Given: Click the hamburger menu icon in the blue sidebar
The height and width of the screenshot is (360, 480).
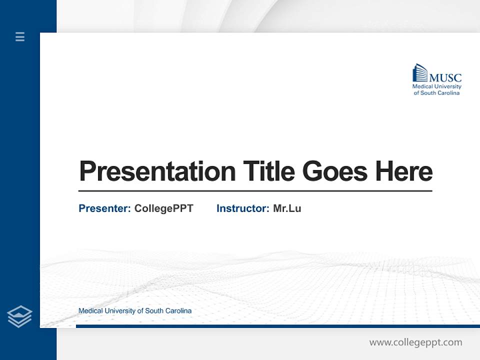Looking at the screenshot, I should pyautogui.click(x=20, y=36).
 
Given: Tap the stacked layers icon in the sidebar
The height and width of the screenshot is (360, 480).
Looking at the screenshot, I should pyautogui.click(x=19, y=316).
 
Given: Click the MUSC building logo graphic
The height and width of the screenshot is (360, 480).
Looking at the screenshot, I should pyautogui.click(x=420, y=73).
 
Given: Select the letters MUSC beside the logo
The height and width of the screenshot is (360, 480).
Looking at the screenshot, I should pyautogui.click(x=445, y=77).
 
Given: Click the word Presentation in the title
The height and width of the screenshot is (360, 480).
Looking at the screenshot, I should pyautogui.click(x=157, y=171).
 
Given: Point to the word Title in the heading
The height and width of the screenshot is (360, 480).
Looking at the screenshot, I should pyautogui.click(x=268, y=171).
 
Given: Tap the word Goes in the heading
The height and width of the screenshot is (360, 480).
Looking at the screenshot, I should pyautogui.click(x=335, y=171).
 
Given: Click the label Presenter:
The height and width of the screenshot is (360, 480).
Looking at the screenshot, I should pyautogui.click(x=104, y=208).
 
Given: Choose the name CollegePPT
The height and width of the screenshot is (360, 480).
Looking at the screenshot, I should pyautogui.click(x=163, y=208).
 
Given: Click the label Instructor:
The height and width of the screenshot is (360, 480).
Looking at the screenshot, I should pyautogui.click(x=242, y=208).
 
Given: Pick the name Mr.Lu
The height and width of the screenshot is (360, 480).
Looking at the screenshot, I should pyautogui.click(x=287, y=208).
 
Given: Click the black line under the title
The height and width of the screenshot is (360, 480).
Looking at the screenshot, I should pyautogui.click(x=255, y=190).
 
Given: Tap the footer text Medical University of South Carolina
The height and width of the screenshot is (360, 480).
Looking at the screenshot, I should pyautogui.click(x=134, y=311).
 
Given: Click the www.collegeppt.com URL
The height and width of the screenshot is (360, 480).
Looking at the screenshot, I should pyautogui.click(x=415, y=342).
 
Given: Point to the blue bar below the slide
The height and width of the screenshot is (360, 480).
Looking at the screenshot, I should pyautogui.click(x=277, y=326).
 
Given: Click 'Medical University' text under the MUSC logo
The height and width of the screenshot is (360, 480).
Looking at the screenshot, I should pyautogui.click(x=436, y=86).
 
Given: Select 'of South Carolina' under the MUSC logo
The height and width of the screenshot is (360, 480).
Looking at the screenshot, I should pyautogui.click(x=436, y=93).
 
